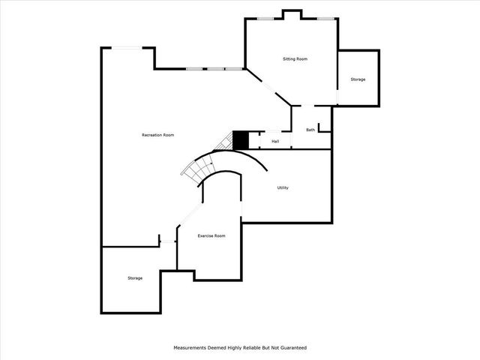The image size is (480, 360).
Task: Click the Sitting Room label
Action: point(295,58)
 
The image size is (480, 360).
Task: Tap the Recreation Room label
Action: point(158,135)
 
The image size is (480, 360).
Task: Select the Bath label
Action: point(310,130)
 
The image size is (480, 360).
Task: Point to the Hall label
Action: point(275,141)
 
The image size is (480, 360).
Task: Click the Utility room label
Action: point(283,187)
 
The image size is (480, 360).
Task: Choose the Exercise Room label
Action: point(211,236)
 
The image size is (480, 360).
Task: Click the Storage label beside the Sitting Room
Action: point(358,79)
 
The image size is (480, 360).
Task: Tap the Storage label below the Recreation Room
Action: point(135,278)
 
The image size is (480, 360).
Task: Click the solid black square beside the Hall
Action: point(240,140)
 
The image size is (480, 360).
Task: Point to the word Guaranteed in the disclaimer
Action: point(289,348)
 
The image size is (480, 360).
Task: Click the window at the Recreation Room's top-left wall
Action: point(127,49)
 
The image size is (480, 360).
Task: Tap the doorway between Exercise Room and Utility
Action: point(241,208)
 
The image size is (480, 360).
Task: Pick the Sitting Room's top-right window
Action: point(325,19)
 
